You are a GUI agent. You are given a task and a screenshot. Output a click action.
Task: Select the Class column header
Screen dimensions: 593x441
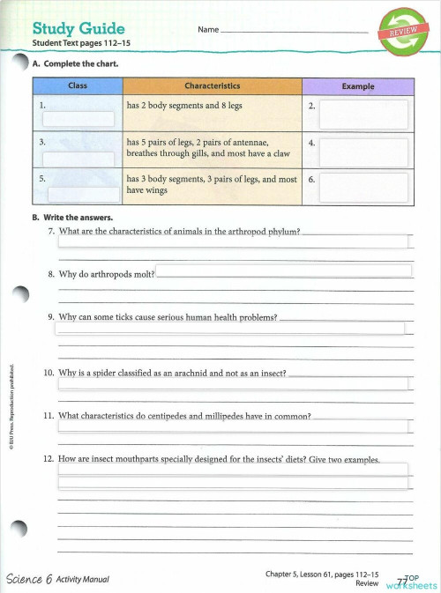[x=77, y=86]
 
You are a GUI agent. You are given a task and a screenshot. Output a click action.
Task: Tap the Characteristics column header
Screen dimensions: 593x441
[x=212, y=86]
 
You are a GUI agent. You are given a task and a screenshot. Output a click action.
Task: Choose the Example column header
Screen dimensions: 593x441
[x=357, y=86]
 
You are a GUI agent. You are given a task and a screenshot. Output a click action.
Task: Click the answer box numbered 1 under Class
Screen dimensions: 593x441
[x=78, y=120]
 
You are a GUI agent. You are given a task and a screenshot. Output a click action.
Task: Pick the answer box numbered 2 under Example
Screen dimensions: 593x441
[x=363, y=114]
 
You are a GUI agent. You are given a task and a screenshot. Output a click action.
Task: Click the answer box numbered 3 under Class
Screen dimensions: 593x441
[x=78, y=159]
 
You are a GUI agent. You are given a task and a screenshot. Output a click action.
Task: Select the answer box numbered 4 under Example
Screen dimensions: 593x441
[x=363, y=152]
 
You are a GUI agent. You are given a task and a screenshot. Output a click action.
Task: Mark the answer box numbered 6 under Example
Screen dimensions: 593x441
[x=363, y=188]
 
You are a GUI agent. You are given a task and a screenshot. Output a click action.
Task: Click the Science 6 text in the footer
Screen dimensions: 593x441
[x=29, y=579]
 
